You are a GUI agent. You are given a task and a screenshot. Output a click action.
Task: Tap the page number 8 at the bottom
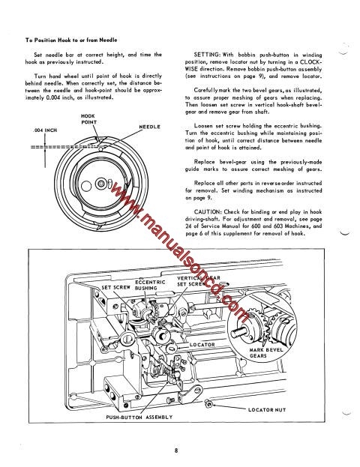pos(175,451)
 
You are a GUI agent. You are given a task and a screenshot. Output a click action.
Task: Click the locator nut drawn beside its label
pos(214,406)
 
